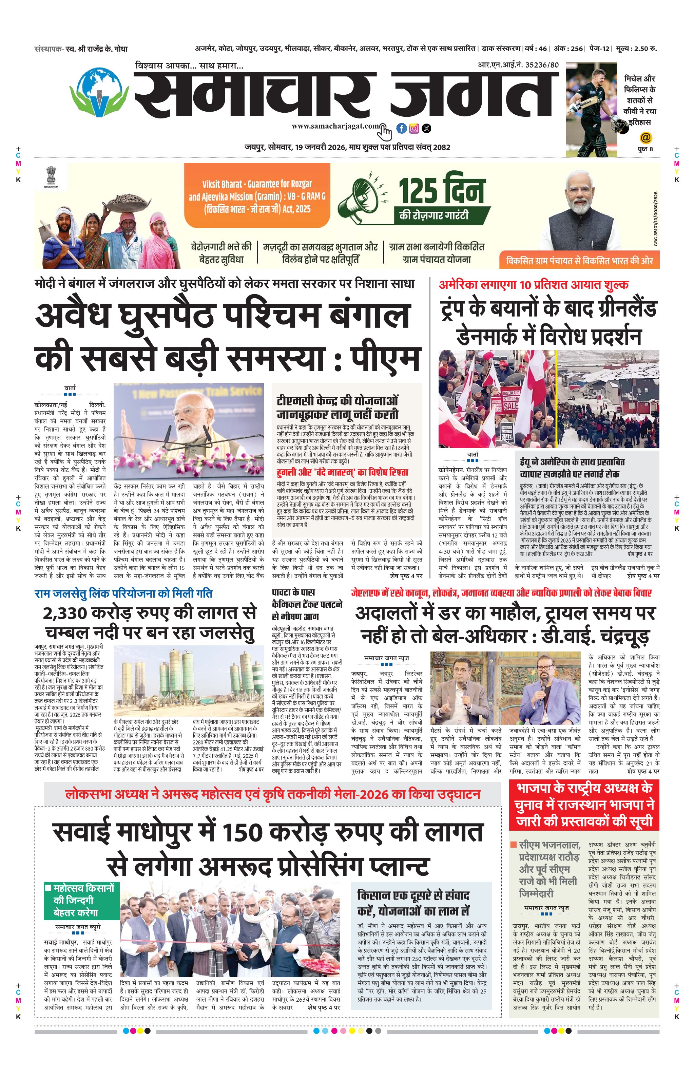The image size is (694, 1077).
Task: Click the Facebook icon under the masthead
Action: pyautogui.click(x=401, y=129)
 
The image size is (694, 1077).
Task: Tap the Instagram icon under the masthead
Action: pyautogui.click(x=414, y=129)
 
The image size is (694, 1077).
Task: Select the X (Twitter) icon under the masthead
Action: pyautogui.click(x=426, y=129)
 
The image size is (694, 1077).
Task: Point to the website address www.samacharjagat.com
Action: pyautogui.click(x=335, y=126)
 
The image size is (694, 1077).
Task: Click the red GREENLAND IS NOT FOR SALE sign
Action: pyautogui.click(x=510, y=399)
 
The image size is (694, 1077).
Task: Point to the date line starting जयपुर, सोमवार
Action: pyautogui.click(x=347, y=147)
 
